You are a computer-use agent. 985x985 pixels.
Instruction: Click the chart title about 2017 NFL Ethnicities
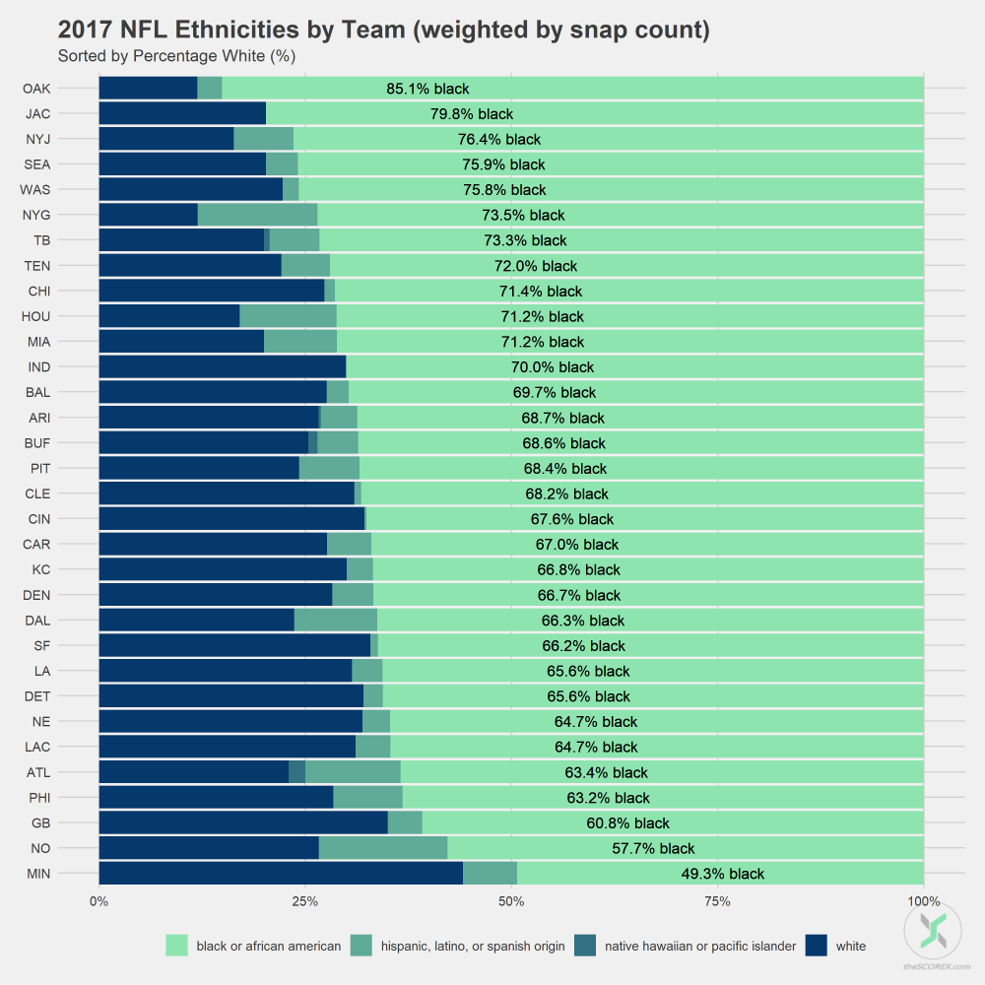(x=384, y=30)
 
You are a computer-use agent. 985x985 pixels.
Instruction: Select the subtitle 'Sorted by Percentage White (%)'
(x=177, y=56)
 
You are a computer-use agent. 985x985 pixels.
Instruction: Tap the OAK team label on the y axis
(x=37, y=89)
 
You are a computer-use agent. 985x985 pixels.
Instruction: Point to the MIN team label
(x=38, y=873)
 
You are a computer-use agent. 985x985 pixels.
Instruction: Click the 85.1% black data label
(x=427, y=89)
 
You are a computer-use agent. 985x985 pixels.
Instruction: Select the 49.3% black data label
(x=722, y=874)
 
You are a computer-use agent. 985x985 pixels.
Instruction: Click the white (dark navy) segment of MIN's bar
(x=281, y=873)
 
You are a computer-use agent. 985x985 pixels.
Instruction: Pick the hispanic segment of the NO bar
(x=382, y=848)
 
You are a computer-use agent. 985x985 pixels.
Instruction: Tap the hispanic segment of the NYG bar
(x=257, y=215)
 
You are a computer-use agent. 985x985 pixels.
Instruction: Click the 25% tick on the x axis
(x=305, y=902)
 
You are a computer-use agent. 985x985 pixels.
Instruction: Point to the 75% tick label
(x=717, y=902)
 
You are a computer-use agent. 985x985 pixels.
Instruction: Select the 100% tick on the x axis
(x=923, y=902)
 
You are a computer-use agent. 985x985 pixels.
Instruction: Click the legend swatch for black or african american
(x=176, y=946)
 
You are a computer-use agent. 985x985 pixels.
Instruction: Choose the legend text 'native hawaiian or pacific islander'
(x=700, y=947)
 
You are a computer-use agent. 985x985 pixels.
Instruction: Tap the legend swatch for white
(x=816, y=946)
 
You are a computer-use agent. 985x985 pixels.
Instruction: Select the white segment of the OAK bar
(x=148, y=89)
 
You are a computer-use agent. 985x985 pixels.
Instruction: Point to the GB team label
(x=40, y=822)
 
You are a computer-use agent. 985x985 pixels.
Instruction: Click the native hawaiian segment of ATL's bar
(x=296, y=772)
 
